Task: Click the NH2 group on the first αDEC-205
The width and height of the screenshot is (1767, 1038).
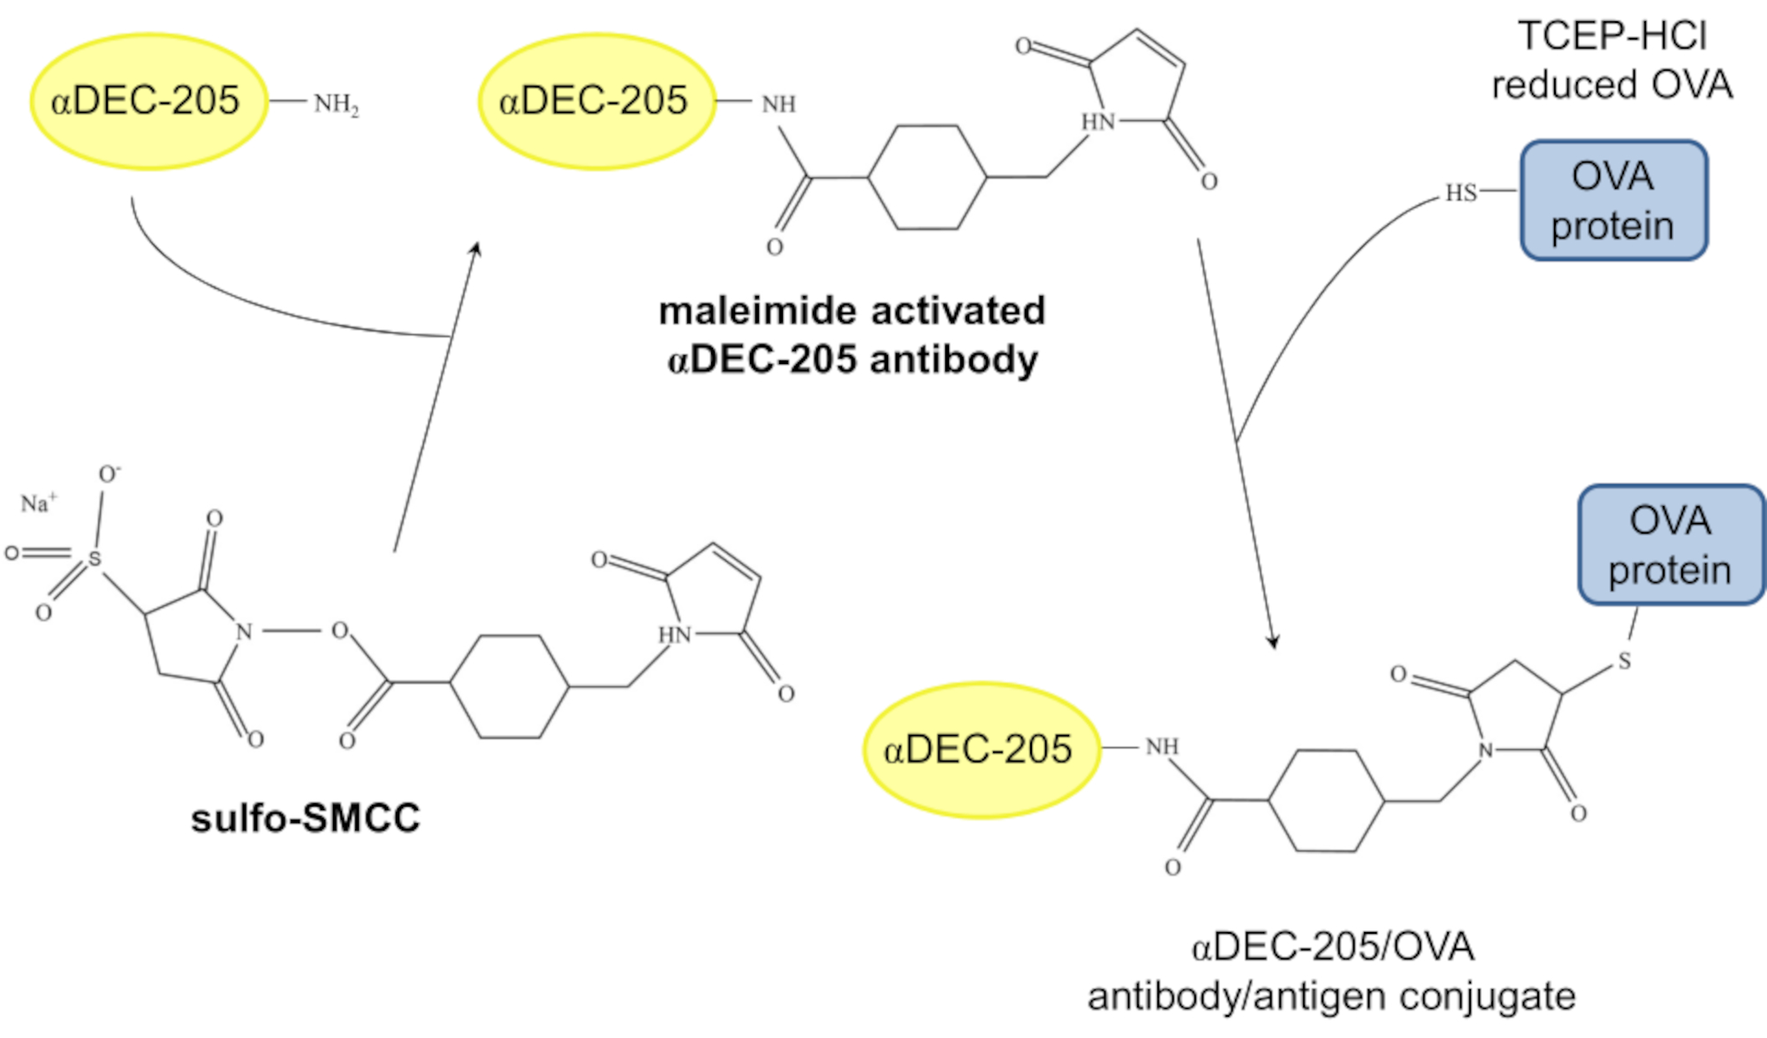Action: click(x=336, y=104)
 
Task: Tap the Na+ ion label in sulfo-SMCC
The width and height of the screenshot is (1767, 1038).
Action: click(x=38, y=504)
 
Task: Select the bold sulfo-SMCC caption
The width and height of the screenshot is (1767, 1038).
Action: click(x=305, y=818)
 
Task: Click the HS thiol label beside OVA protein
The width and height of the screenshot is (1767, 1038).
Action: click(x=1460, y=193)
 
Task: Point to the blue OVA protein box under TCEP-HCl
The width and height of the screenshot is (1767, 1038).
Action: click(x=1613, y=201)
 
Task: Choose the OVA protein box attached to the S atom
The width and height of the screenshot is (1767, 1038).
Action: click(x=1671, y=545)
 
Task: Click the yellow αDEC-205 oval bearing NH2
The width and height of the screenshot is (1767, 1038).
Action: click(x=148, y=101)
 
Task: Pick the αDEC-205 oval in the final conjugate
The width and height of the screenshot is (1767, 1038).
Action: click(x=980, y=750)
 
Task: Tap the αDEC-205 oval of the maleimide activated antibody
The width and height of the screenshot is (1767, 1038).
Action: click(x=595, y=101)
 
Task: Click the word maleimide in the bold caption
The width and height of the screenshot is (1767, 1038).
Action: click(x=741, y=311)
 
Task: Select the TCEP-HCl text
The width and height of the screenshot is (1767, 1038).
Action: click(x=1612, y=36)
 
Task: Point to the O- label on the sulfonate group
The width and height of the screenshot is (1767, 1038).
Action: click(x=109, y=474)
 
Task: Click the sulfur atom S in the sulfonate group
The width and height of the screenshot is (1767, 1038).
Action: click(x=94, y=559)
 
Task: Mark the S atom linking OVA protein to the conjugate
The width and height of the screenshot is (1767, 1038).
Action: click(x=1624, y=661)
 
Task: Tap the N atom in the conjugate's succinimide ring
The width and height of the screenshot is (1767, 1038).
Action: click(x=1485, y=751)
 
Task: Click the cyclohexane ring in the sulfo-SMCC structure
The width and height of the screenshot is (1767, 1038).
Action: click(x=510, y=686)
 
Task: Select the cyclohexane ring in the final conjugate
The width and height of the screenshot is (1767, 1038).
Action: click(x=1326, y=800)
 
